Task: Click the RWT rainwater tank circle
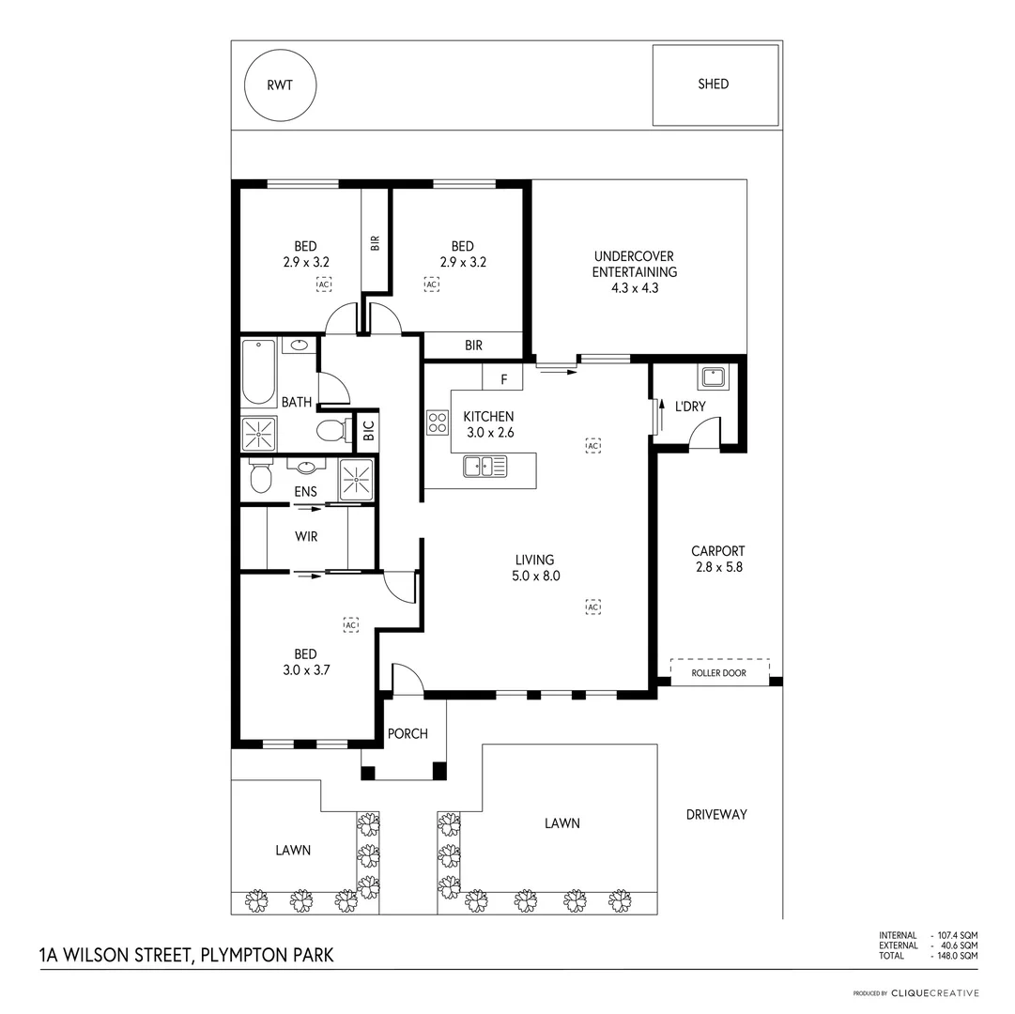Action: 280,85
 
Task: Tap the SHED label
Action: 714,84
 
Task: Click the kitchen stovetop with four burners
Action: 438,422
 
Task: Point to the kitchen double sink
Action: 484,465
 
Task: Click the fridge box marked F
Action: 503,378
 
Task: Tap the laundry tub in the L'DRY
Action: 712,377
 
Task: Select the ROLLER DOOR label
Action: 718,673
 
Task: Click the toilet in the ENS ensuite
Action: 260,479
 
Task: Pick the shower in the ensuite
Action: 356,480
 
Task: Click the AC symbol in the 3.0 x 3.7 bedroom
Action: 351,624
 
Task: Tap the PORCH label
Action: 408,733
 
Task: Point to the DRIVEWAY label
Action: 716,814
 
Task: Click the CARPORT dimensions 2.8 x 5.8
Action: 717,567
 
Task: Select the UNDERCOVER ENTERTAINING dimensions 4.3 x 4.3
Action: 634,288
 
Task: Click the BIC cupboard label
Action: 368,431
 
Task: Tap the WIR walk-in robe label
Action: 306,537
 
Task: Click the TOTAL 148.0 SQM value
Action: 956,956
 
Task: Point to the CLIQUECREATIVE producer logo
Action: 934,992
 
